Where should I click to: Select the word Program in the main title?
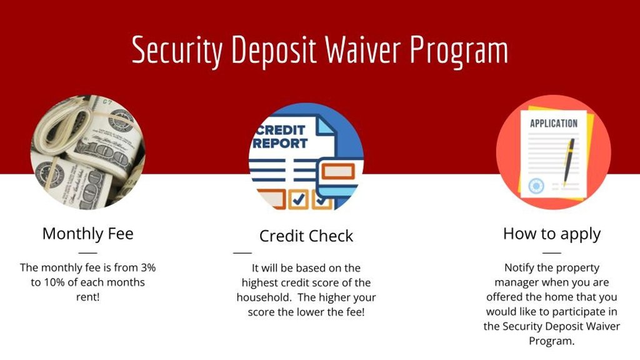click(x=459, y=52)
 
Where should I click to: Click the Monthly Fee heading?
click(x=87, y=234)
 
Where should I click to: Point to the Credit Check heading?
click(x=306, y=236)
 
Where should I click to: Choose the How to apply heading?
click(x=552, y=234)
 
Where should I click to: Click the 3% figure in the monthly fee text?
click(x=148, y=267)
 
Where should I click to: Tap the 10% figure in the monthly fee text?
click(x=52, y=282)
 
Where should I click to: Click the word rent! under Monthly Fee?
click(x=87, y=297)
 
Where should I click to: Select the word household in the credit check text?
click(x=263, y=297)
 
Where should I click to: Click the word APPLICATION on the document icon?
click(x=554, y=123)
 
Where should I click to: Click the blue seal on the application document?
click(x=536, y=186)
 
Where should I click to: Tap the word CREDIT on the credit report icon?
click(x=281, y=130)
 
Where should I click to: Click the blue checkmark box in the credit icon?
click(x=298, y=199)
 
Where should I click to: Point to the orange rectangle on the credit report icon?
click(x=338, y=171)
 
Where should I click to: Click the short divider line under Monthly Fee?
click(x=87, y=253)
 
